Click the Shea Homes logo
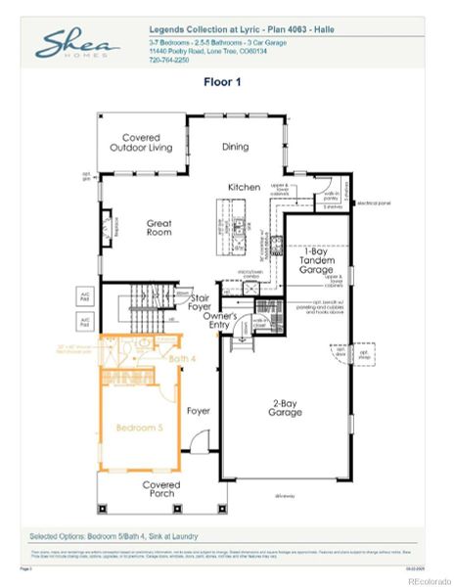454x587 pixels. [x=77, y=45]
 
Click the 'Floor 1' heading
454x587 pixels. [x=225, y=82]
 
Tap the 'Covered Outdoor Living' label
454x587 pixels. [x=141, y=143]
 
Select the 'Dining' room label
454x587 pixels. [x=235, y=147]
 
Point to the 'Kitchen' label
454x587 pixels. [x=244, y=187]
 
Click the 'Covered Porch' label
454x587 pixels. [x=160, y=488]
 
